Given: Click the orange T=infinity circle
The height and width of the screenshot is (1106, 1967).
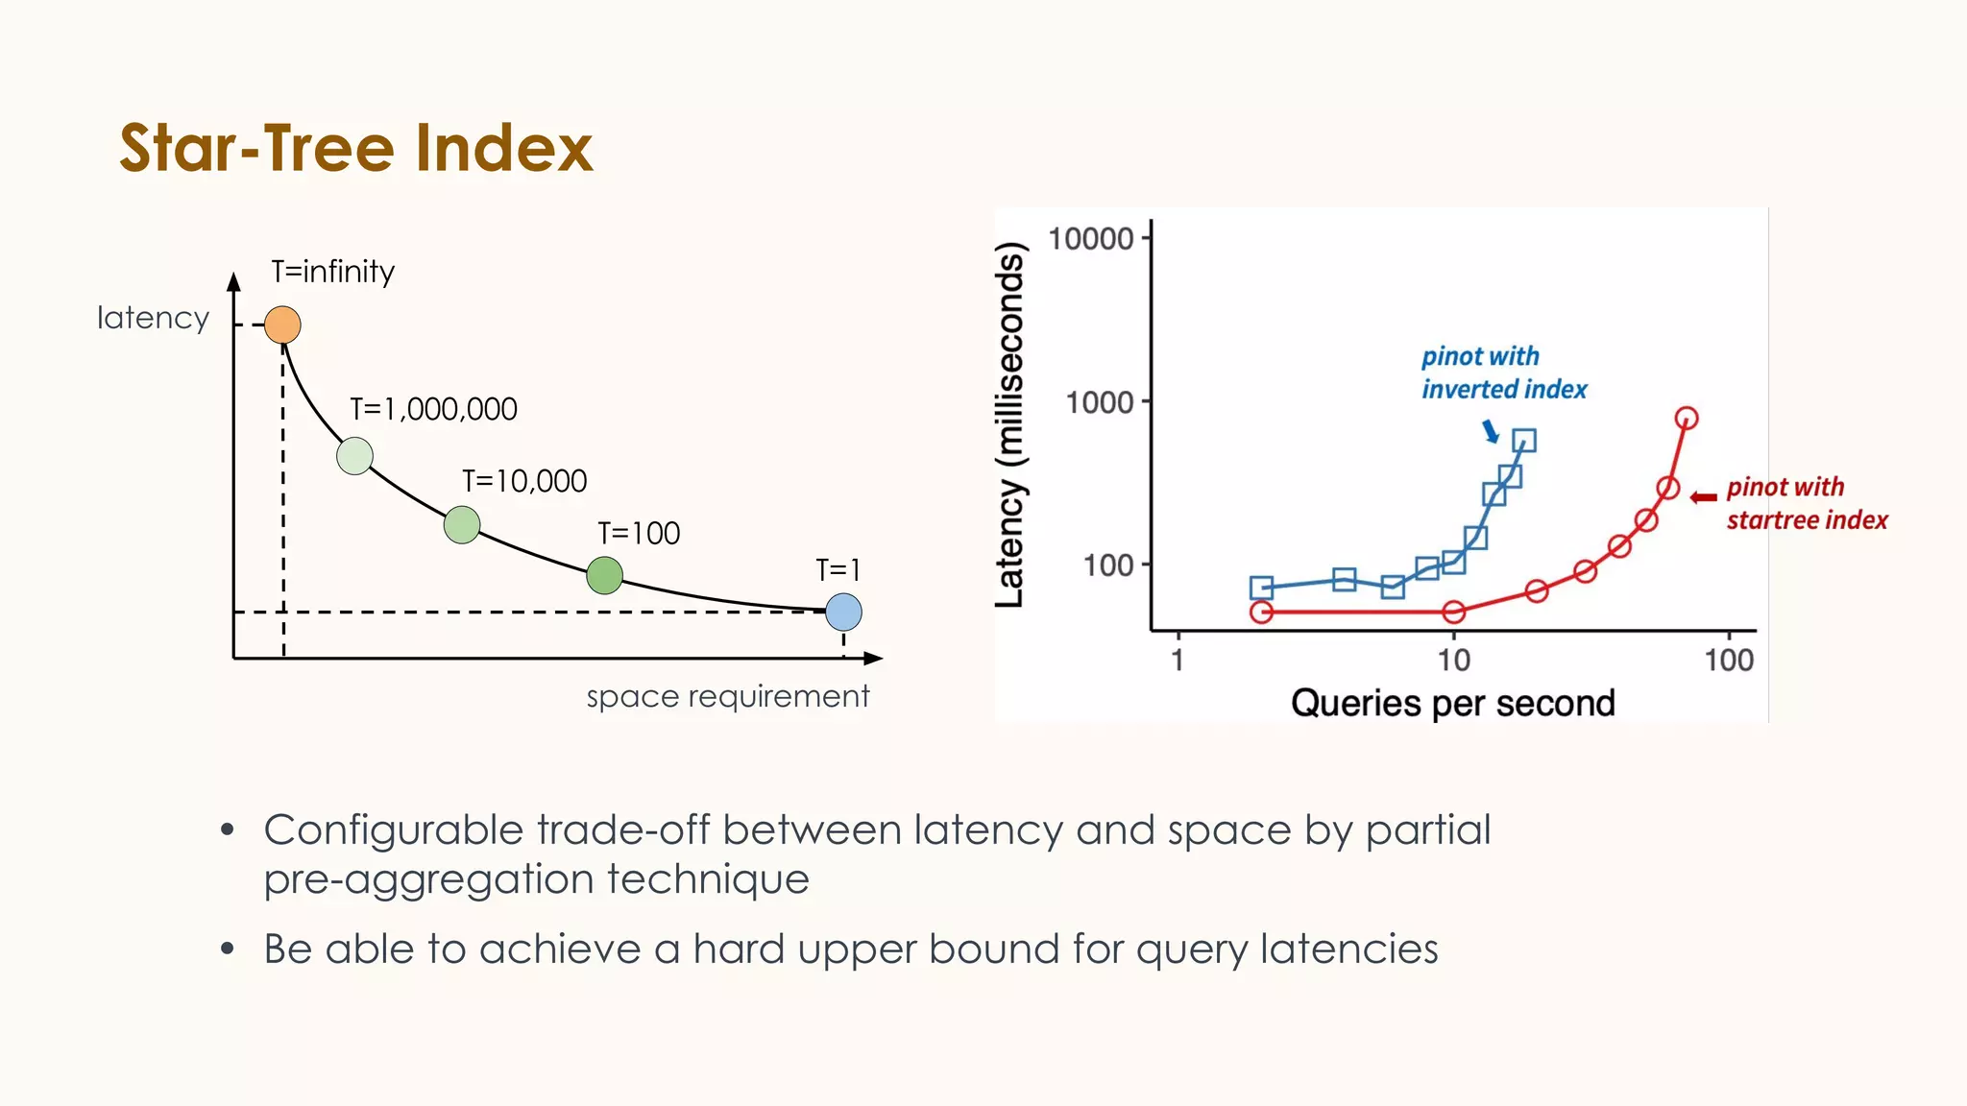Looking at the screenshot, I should tap(282, 325).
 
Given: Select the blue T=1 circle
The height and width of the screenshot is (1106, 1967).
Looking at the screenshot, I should tap(843, 612).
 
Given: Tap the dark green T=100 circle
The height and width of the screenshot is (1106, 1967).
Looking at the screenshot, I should tap(604, 575).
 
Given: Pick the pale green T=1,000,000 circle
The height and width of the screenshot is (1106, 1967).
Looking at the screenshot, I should tap(354, 456).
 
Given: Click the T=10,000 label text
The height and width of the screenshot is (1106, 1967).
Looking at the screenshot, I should tap(524, 481).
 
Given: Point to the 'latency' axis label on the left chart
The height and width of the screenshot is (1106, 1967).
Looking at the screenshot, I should tap(153, 318).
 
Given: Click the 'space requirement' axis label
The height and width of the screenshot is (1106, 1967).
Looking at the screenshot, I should tap(727, 696).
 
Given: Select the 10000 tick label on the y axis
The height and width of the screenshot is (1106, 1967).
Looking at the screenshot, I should tap(1090, 238).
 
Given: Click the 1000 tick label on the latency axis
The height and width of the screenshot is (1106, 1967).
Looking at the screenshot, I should tap(1099, 402).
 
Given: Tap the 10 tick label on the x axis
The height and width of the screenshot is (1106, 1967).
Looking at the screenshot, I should tap(1453, 661).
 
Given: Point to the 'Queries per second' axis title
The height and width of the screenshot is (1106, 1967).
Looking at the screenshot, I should tap(1452, 704).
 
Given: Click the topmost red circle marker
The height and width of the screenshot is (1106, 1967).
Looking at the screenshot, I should tap(1687, 418).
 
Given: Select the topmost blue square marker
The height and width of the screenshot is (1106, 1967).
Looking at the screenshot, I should tap(1523, 441).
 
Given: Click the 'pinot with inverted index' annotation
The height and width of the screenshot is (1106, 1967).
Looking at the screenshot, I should tap(1503, 373).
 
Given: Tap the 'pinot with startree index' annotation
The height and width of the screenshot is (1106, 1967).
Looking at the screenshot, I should tap(1806, 503).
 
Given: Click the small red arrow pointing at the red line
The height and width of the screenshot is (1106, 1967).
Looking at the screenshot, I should tap(1703, 497).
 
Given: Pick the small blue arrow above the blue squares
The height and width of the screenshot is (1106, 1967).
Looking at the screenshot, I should tap(1490, 430).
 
